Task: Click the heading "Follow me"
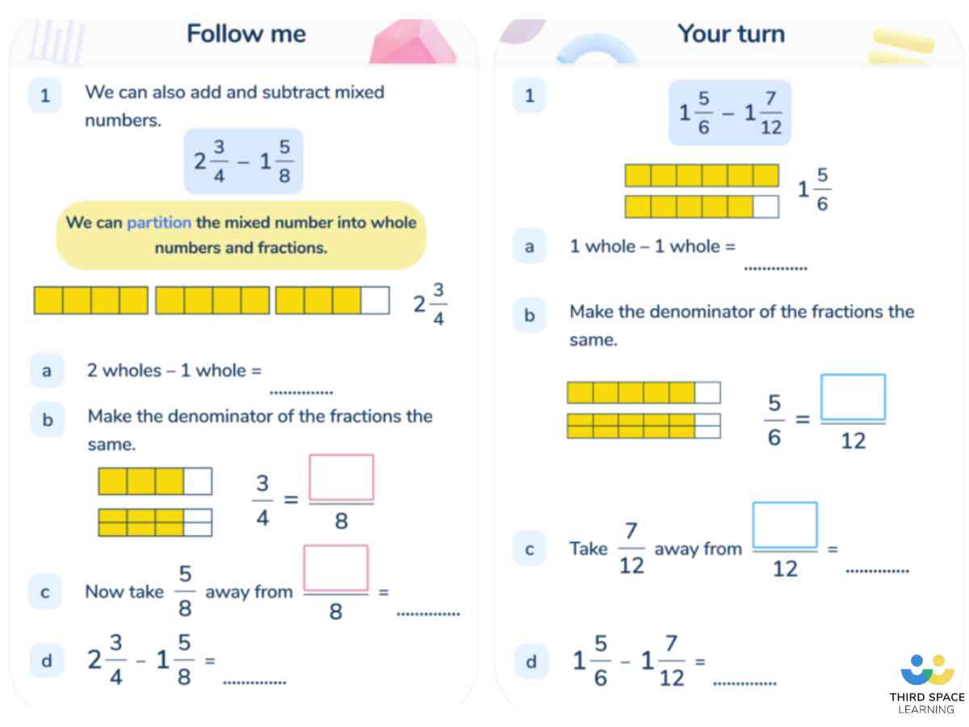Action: [246, 34]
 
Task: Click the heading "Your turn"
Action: [731, 34]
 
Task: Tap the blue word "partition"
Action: [159, 223]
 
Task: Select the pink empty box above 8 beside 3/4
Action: [342, 477]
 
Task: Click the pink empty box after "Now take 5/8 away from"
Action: [335, 568]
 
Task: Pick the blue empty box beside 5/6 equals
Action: [853, 397]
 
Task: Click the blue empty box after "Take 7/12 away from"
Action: [785, 525]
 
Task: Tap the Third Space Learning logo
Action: [927, 683]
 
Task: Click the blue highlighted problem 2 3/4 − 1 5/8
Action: [243, 161]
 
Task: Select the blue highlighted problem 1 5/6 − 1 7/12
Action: [730, 112]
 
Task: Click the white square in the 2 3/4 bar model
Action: [375, 300]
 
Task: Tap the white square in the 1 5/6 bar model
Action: [766, 207]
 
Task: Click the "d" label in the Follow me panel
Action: [47, 661]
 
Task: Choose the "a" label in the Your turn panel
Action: [529, 246]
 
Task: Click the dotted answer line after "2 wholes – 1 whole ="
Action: [301, 393]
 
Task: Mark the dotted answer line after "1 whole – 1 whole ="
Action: [775, 268]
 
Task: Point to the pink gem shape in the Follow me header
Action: [412, 42]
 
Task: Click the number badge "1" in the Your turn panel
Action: [529, 95]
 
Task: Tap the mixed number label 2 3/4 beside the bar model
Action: [430, 304]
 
